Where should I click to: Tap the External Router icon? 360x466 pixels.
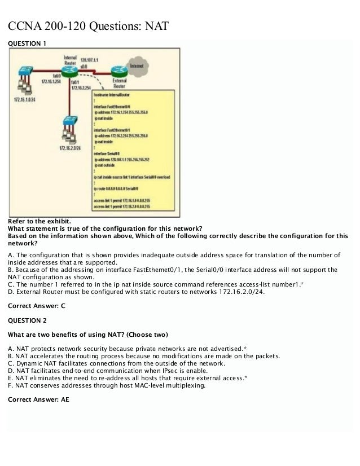(x=119, y=72)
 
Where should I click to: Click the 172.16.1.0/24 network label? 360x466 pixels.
(x=24, y=100)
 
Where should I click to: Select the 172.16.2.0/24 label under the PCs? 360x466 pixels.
(x=69, y=148)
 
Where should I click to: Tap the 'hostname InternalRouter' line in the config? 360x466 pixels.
(x=113, y=96)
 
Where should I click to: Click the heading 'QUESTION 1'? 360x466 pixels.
(x=25, y=43)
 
